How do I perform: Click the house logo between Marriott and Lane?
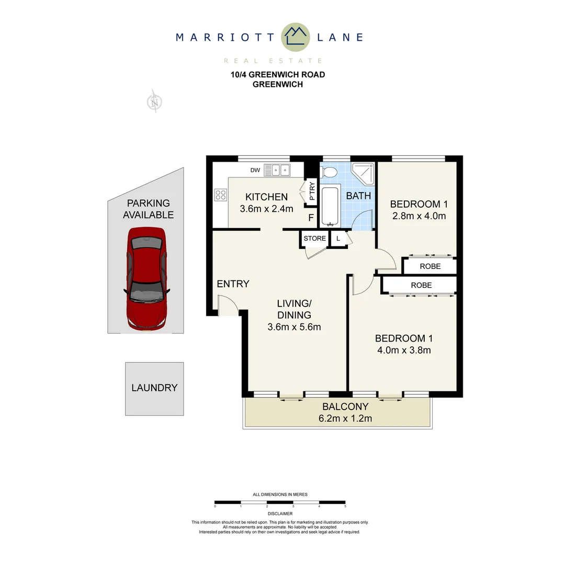[296, 37]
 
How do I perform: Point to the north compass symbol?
[154, 101]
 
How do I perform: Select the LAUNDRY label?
[154, 388]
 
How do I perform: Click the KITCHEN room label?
[266, 197]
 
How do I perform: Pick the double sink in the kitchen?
[277, 169]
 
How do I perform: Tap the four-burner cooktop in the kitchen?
[220, 195]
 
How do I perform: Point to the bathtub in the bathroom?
[330, 205]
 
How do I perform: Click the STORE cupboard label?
[315, 239]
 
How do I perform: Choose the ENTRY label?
[233, 284]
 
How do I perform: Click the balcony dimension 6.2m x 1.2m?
[345, 418]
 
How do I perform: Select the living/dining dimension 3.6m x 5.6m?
[294, 327]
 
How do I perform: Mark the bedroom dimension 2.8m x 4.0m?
[419, 216]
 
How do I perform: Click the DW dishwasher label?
[255, 170]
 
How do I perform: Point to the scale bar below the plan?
[280, 502]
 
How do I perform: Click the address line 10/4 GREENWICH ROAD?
[278, 75]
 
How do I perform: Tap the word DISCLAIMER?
[280, 514]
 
